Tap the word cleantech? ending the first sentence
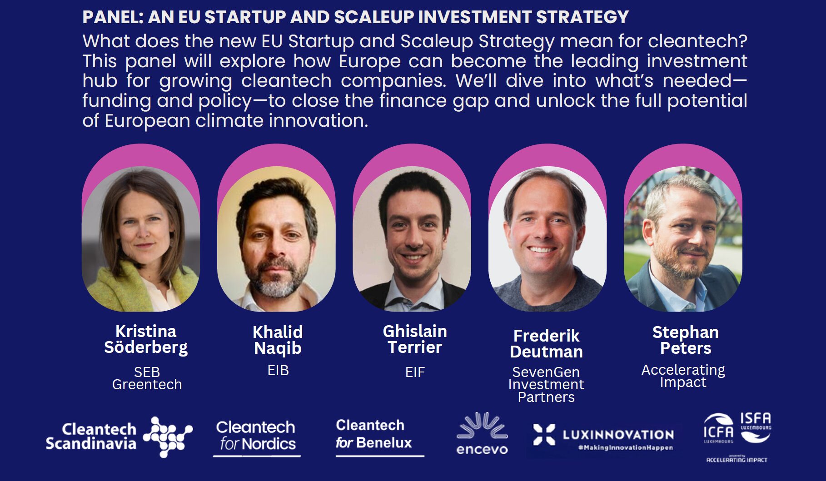click(697, 41)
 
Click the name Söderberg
click(146, 348)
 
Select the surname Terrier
click(415, 347)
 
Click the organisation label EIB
click(278, 371)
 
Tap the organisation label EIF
click(415, 372)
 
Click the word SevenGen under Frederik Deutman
click(546, 372)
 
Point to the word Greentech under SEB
click(147, 385)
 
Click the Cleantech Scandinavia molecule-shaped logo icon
click(168, 437)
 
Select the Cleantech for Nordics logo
click(257, 437)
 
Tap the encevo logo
click(482, 433)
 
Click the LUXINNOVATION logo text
click(618, 435)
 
